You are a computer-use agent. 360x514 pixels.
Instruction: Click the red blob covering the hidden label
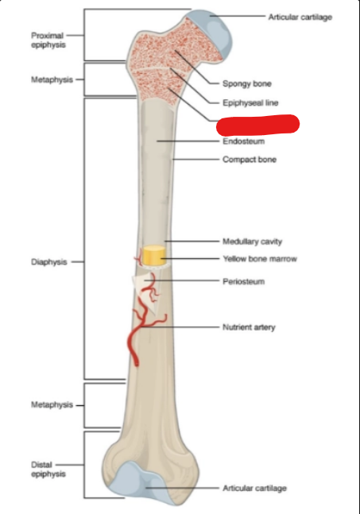[x=258, y=125]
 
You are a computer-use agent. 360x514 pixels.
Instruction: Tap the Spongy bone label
[x=247, y=83]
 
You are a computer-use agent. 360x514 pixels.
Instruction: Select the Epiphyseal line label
[x=250, y=103]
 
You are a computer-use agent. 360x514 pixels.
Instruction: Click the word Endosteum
[x=244, y=141]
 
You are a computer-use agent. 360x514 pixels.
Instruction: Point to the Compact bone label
[x=250, y=160]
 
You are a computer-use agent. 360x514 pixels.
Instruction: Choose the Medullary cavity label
[x=252, y=242]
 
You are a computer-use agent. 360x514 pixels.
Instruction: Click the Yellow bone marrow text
[x=260, y=259]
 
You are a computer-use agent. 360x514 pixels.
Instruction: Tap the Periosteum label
[x=244, y=281]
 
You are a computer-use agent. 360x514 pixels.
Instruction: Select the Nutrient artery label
[x=249, y=327]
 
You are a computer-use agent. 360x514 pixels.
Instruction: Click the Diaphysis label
[x=48, y=262]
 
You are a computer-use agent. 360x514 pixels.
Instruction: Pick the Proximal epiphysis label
[x=48, y=40]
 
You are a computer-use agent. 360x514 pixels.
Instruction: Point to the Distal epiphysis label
[x=48, y=469]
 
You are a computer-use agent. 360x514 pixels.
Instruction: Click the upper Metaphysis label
[x=52, y=79]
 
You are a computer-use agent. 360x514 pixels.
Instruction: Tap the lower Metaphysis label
[x=52, y=405]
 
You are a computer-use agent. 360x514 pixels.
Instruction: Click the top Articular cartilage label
[x=300, y=17]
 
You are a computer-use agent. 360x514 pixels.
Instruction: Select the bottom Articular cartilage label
[x=254, y=488]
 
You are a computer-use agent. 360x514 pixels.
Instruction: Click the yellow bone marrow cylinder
[x=153, y=255]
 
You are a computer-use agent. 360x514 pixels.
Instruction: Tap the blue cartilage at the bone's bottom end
[x=141, y=479]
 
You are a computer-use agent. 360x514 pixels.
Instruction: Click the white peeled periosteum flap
[x=145, y=291]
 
